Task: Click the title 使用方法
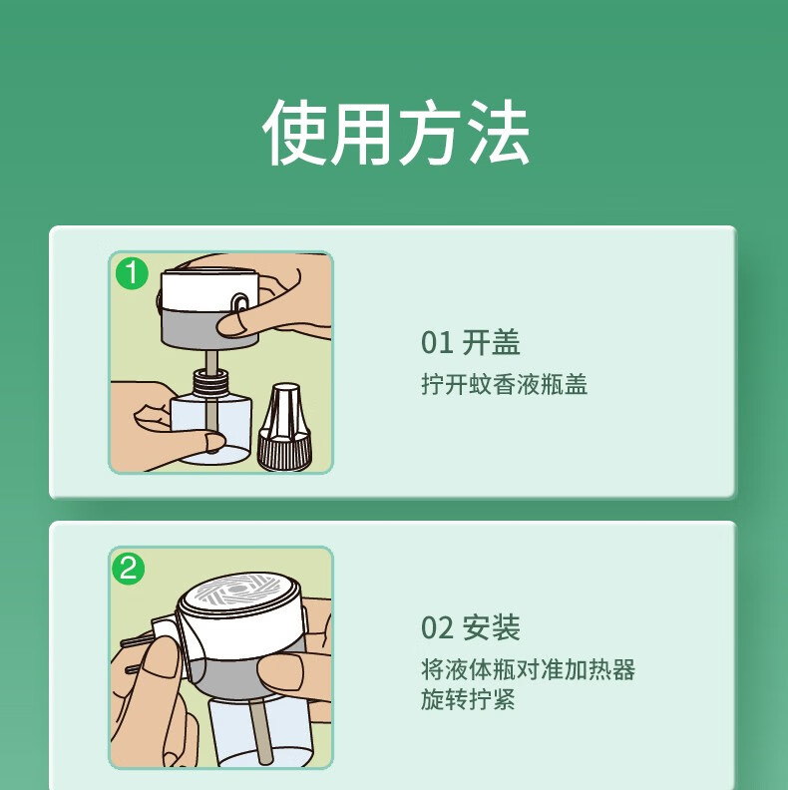[x=396, y=133]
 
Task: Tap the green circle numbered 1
[x=132, y=273]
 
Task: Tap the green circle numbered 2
[x=129, y=569]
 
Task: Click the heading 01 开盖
[x=470, y=342]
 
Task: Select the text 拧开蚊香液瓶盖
[x=505, y=384]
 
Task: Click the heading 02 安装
[x=470, y=627]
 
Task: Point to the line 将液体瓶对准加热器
[x=528, y=669]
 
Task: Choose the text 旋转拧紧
[x=468, y=699]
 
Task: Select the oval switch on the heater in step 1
[x=239, y=304]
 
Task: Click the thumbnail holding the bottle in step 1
[x=216, y=442]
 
